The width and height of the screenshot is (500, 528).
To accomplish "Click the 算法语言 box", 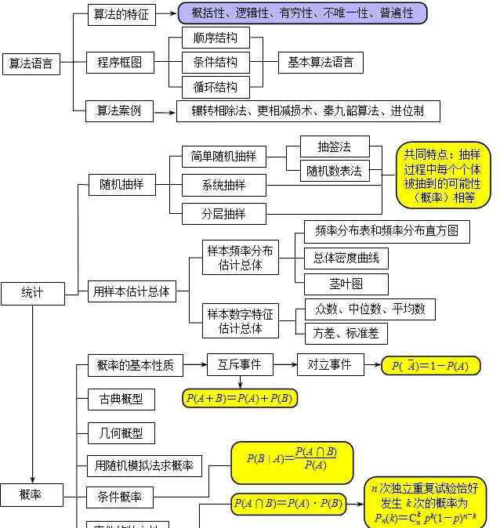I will point(31,64).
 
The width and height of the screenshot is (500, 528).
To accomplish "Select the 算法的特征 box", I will point(121,14).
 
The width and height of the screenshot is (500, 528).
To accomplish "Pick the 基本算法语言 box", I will point(321,62).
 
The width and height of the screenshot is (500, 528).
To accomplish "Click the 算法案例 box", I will point(119,111).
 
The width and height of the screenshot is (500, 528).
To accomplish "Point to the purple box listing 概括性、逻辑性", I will point(303,13).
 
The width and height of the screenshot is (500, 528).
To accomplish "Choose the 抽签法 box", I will point(334,146).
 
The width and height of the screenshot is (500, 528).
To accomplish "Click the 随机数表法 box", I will point(334,171).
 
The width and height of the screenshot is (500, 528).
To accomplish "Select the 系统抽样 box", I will point(224,185).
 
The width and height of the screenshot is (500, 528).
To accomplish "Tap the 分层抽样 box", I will point(224,213).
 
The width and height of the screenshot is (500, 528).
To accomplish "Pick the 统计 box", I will point(32,293).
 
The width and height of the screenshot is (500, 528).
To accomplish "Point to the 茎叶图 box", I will point(345,284).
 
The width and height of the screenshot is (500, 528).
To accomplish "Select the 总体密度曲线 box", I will point(346,257).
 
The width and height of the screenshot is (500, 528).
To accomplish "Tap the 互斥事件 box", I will point(239,364).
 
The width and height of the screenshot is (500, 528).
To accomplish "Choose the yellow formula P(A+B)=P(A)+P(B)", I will point(240,399).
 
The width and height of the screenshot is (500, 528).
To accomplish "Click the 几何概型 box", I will point(121,433).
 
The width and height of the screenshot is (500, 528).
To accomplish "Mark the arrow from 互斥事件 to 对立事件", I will point(284,364).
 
